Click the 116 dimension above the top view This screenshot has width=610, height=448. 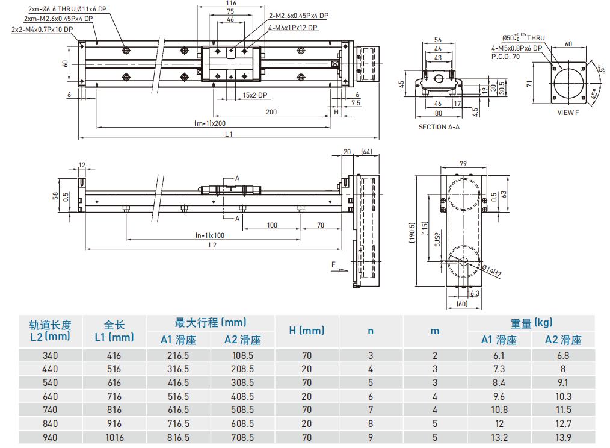coord(230,4)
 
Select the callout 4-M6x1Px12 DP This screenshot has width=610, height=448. coord(294,28)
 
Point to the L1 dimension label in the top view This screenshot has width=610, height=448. coord(229,134)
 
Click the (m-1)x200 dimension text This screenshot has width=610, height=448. coord(206,123)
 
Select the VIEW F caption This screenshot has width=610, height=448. coord(567,112)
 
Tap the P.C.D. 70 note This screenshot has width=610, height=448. coord(505,56)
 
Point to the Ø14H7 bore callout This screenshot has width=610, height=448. coord(491,270)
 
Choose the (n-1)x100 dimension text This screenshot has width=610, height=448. coord(210,235)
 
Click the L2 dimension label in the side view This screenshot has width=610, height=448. coord(212,245)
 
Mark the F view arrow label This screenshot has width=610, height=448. coord(333,264)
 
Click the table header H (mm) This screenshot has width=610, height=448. coord(306,331)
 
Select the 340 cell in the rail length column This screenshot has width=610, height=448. coord(51,355)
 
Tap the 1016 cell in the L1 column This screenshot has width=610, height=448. coord(114,437)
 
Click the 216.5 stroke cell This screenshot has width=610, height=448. coord(178,355)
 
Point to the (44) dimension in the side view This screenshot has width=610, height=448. coord(366,152)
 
